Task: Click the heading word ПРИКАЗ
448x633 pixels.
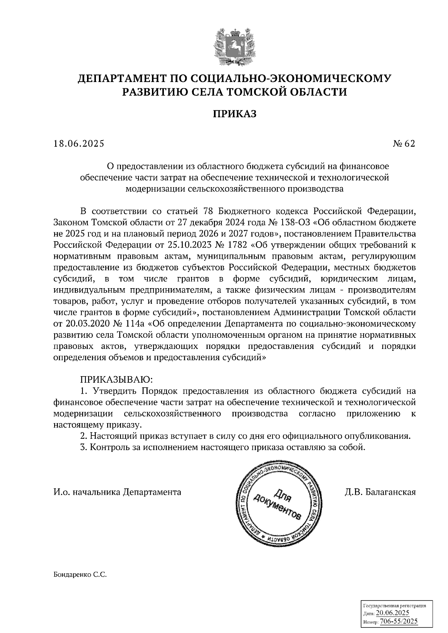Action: [x=235, y=114]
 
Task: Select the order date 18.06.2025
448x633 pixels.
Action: [x=79, y=144]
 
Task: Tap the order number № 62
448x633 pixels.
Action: [x=404, y=144]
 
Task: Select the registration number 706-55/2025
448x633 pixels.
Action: [x=398, y=621]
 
